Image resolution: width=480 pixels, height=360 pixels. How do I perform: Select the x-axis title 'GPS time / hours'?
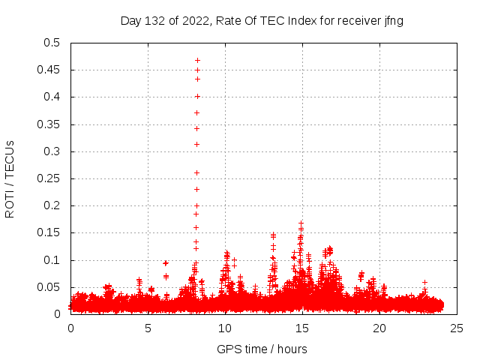click(262, 349)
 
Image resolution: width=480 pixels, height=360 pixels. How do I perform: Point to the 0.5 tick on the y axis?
click(52, 43)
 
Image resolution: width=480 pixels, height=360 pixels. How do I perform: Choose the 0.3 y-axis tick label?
click(52, 151)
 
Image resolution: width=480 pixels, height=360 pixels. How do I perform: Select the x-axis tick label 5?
click(148, 328)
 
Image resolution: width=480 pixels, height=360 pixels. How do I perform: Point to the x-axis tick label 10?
click(225, 328)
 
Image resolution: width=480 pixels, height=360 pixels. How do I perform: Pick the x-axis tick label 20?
click(379, 328)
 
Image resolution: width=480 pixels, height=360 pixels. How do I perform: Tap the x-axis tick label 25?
click(457, 328)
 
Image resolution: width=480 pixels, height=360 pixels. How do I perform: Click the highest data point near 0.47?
click(197, 60)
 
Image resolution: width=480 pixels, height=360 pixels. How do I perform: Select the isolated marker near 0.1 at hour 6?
click(165, 263)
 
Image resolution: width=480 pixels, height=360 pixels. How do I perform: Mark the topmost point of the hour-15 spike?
click(301, 223)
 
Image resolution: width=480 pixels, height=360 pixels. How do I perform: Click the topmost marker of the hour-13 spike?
click(273, 235)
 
